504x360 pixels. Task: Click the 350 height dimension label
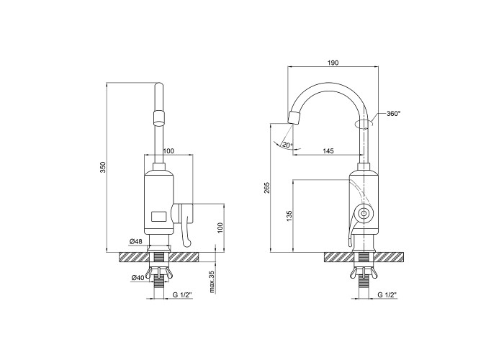[x=102, y=168]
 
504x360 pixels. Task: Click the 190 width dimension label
[x=333, y=63]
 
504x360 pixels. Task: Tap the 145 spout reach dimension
[x=328, y=150]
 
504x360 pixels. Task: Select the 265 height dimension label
[x=267, y=188]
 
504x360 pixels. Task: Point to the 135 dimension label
[x=289, y=216]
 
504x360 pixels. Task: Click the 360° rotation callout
[x=394, y=114]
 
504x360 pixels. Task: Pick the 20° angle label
[x=287, y=145]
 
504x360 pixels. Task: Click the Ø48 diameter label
[x=136, y=241]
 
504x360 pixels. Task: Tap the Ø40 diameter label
[x=138, y=279]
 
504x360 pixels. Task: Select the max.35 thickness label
[x=212, y=282]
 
